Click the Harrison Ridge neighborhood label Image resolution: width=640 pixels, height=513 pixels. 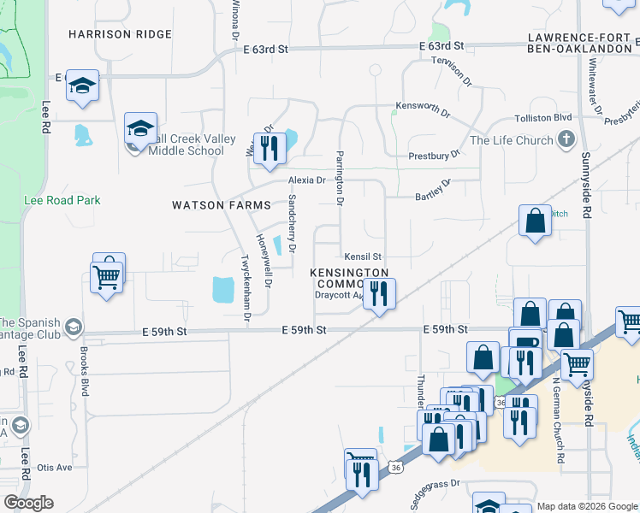[x=120, y=34]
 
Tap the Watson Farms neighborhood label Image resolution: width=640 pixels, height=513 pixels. [x=222, y=205]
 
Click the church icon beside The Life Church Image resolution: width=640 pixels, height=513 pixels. [x=565, y=140]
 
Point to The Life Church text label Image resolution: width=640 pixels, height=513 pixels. [x=510, y=140]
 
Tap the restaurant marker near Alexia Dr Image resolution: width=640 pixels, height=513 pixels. [x=270, y=148]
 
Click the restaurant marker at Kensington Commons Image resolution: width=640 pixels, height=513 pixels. [x=379, y=293]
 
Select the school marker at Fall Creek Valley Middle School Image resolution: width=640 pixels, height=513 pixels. [x=140, y=130]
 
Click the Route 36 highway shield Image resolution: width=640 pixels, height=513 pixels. [x=394, y=467]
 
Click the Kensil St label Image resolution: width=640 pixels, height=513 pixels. [x=363, y=256]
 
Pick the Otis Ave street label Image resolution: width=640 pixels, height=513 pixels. [x=55, y=468]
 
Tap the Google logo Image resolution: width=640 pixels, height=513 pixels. [x=28, y=503]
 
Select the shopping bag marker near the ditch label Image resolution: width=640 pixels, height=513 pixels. [x=535, y=221]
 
